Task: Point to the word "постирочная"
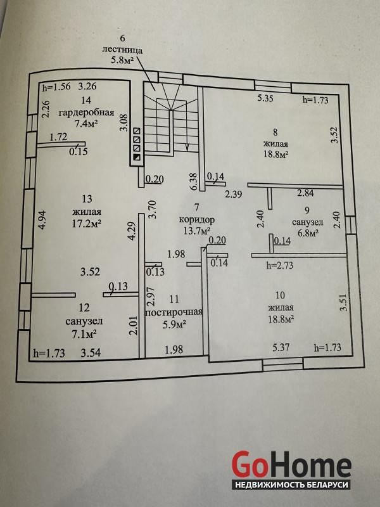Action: [x=174, y=312]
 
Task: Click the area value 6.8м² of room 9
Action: [x=305, y=233]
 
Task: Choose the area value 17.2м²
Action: [x=87, y=223]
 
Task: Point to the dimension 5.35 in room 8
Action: [x=265, y=98]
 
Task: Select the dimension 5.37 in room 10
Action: [x=281, y=347]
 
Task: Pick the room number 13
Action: [x=87, y=197]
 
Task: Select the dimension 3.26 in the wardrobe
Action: [x=88, y=87]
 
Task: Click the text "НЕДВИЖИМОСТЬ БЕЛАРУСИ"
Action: [x=291, y=484]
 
